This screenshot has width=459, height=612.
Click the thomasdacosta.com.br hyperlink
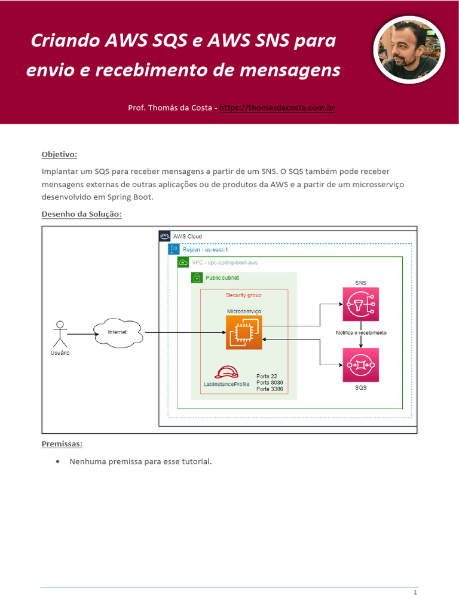tap(277, 108)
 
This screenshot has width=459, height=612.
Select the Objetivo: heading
tap(59, 154)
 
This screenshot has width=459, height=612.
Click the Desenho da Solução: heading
tap(81, 214)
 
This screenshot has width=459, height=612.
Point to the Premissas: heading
tap(62, 444)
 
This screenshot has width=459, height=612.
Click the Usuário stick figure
tap(59, 334)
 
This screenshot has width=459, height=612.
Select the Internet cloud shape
tap(117, 332)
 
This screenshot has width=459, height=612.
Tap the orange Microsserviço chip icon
tap(244, 333)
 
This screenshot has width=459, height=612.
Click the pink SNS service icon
tap(360, 304)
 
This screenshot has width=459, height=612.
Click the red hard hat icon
tap(227, 372)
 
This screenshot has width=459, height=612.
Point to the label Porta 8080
tap(270, 382)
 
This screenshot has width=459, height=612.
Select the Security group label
tap(243, 295)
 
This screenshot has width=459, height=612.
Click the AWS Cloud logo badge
tap(165, 236)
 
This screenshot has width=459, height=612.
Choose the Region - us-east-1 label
tap(205, 249)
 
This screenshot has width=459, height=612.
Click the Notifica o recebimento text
tap(360, 332)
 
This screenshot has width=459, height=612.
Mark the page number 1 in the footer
tap(415, 592)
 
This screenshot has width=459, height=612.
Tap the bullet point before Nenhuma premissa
tap(57, 461)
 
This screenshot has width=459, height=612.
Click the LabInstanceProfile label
tap(227, 384)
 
